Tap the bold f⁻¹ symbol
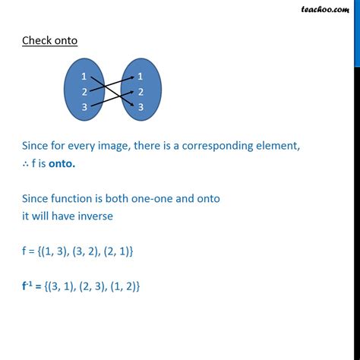coord(28,286)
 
